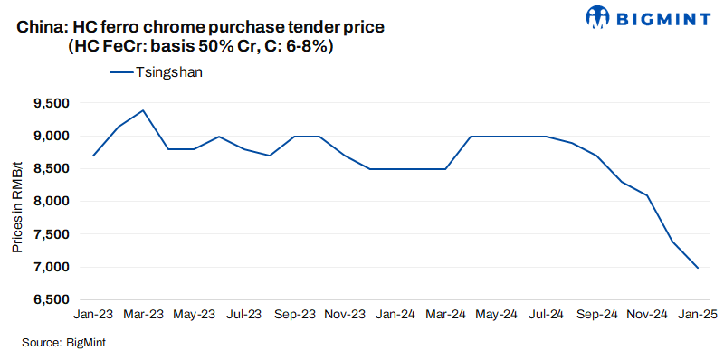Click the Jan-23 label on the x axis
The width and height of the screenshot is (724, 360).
(93, 314)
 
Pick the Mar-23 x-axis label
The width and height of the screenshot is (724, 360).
(144, 314)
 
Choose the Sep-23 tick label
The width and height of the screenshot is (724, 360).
(294, 314)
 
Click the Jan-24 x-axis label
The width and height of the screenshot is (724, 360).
(395, 314)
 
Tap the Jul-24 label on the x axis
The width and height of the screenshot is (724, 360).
(546, 314)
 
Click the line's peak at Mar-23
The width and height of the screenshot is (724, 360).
(143, 110)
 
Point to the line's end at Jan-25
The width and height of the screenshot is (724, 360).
(697, 268)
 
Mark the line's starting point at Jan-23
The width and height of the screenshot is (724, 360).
(93, 156)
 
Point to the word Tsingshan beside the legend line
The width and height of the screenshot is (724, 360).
(167, 72)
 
